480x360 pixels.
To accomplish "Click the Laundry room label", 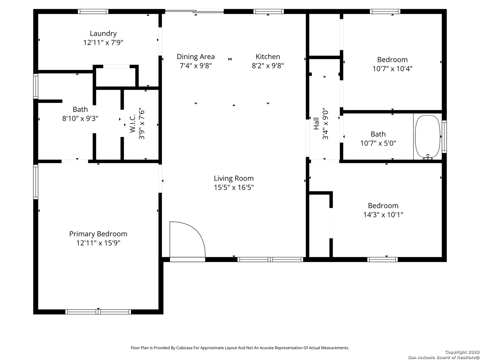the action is coord(103,33).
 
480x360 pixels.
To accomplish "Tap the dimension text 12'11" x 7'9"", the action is coord(103,42).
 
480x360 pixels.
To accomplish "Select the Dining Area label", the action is coord(196,57).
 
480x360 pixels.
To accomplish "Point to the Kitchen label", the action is coord(268,57).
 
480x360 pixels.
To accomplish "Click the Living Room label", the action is coord(234,178).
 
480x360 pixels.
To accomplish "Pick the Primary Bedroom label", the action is coord(98,234).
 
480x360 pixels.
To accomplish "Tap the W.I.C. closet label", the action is coord(133,123).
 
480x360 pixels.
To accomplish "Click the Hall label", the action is coord(316,123).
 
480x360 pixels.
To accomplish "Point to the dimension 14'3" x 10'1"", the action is coord(383,215).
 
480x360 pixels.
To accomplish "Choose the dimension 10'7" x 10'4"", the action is coord(392,69).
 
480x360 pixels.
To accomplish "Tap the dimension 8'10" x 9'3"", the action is coord(80,118).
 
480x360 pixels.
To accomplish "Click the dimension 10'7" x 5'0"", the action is coord(378,143).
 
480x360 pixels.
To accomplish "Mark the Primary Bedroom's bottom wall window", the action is coord(98,312).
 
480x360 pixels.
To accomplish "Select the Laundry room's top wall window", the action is coord(93,11).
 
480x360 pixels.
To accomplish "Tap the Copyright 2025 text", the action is coord(462,352).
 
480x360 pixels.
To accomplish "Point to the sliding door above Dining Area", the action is coord(194,11).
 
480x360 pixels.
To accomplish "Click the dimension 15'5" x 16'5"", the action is coord(234,188).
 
